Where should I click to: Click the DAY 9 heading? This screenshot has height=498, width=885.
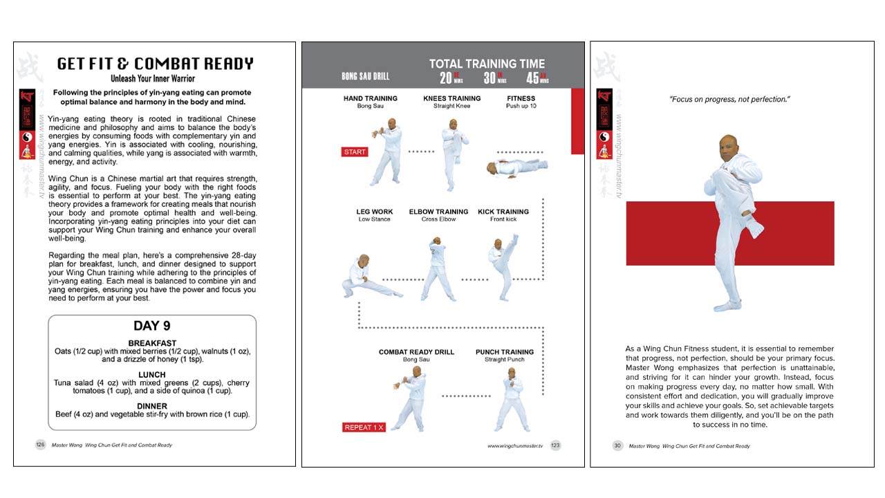151,325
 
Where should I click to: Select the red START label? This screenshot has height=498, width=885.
354,151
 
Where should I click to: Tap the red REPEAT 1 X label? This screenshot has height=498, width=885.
363,427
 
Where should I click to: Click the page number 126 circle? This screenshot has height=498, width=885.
40,445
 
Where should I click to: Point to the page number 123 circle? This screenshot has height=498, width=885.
555,445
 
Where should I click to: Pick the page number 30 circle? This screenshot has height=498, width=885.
617,445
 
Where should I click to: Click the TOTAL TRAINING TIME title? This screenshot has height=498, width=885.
487,64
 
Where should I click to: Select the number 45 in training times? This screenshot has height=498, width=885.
534,77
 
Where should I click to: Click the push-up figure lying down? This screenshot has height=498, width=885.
516,166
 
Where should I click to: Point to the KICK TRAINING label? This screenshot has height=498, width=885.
503,212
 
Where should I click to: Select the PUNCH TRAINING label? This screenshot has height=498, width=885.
505,352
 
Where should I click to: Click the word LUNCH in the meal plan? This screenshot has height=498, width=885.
151,374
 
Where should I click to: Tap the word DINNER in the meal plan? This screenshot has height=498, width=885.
151,406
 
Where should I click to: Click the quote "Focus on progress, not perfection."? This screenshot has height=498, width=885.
729,100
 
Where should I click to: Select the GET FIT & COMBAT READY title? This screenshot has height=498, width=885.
155,64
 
